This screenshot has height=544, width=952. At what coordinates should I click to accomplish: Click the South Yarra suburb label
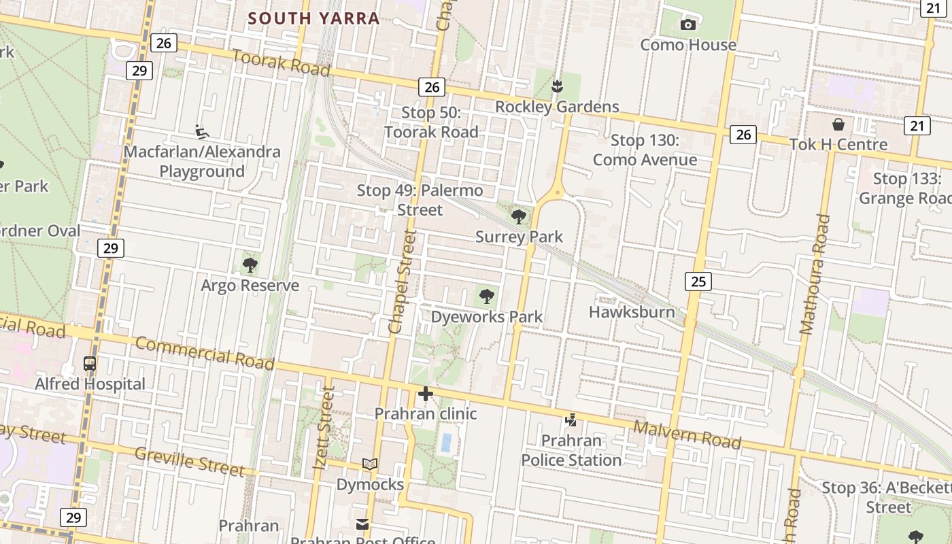click(x=313, y=18)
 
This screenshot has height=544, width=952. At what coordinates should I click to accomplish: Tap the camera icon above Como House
click(x=688, y=25)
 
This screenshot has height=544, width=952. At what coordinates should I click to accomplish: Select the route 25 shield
click(x=698, y=281)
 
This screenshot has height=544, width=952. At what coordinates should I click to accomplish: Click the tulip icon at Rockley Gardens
click(x=557, y=86)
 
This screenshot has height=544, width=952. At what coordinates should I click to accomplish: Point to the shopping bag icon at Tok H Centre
click(x=838, y=124)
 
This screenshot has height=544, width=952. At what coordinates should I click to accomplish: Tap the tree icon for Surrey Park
click(x=519, y=217)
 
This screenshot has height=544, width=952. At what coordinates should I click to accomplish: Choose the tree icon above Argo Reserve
click(x=250, y=265)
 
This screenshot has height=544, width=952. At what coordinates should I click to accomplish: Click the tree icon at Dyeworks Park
click(x=486, y=296)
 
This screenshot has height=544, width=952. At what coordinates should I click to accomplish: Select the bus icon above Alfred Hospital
click(x=90, y=364)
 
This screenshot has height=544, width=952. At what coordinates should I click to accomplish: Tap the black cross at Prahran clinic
click(x=426, y=394)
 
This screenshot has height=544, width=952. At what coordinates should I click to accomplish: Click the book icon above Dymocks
click(x=370, y=464)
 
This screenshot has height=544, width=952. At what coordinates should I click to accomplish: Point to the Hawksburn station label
click(x=632, y=312)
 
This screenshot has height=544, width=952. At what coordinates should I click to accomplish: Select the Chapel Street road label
click(x=403, y=282)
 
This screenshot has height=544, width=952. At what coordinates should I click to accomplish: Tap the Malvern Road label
click(x=687, y=435)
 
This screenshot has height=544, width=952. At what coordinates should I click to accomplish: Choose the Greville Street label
click(x=189, y=461)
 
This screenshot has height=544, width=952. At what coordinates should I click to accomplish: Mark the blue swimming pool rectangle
click(x=446, y=443)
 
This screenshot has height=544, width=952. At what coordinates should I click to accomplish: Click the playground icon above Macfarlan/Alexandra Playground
click(x=201, y=131)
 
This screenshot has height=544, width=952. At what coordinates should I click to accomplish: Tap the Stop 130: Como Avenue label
click(x=645, y=150)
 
